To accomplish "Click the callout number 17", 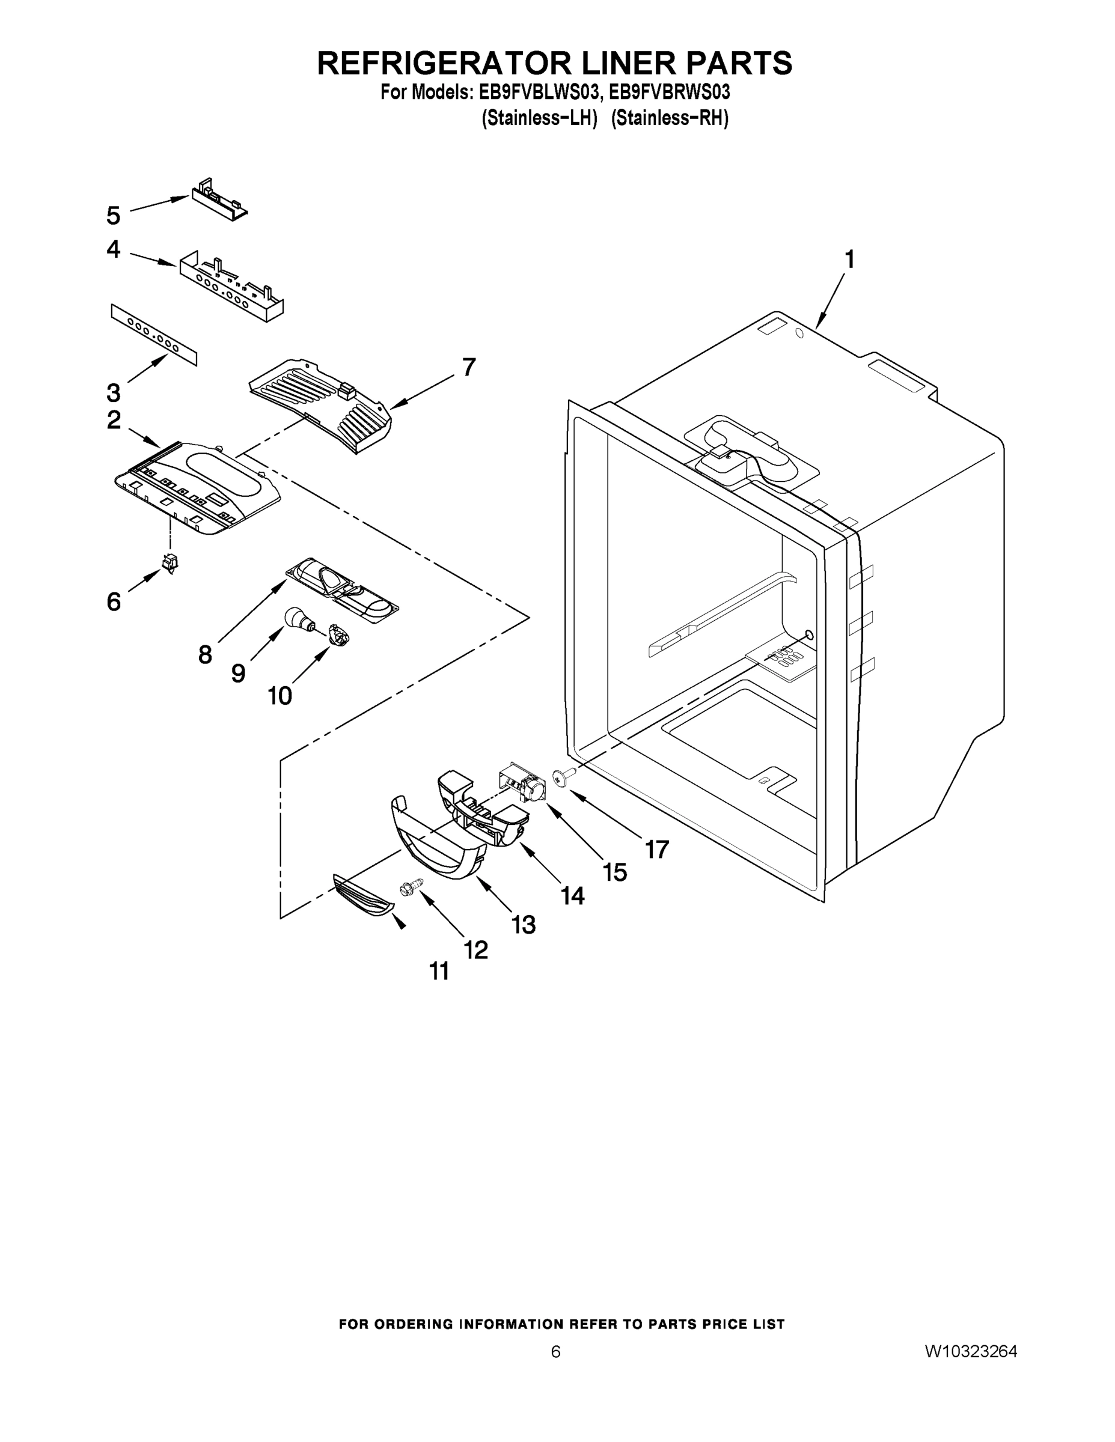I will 656,849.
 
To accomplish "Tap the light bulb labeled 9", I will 296,618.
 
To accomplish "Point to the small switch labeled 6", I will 171,563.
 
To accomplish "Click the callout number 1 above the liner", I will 849,260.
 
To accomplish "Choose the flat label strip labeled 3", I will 153,334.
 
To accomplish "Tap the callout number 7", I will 468,367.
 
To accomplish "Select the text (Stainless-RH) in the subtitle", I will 669,118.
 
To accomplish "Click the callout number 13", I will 523,924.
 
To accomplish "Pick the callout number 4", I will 114,249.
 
